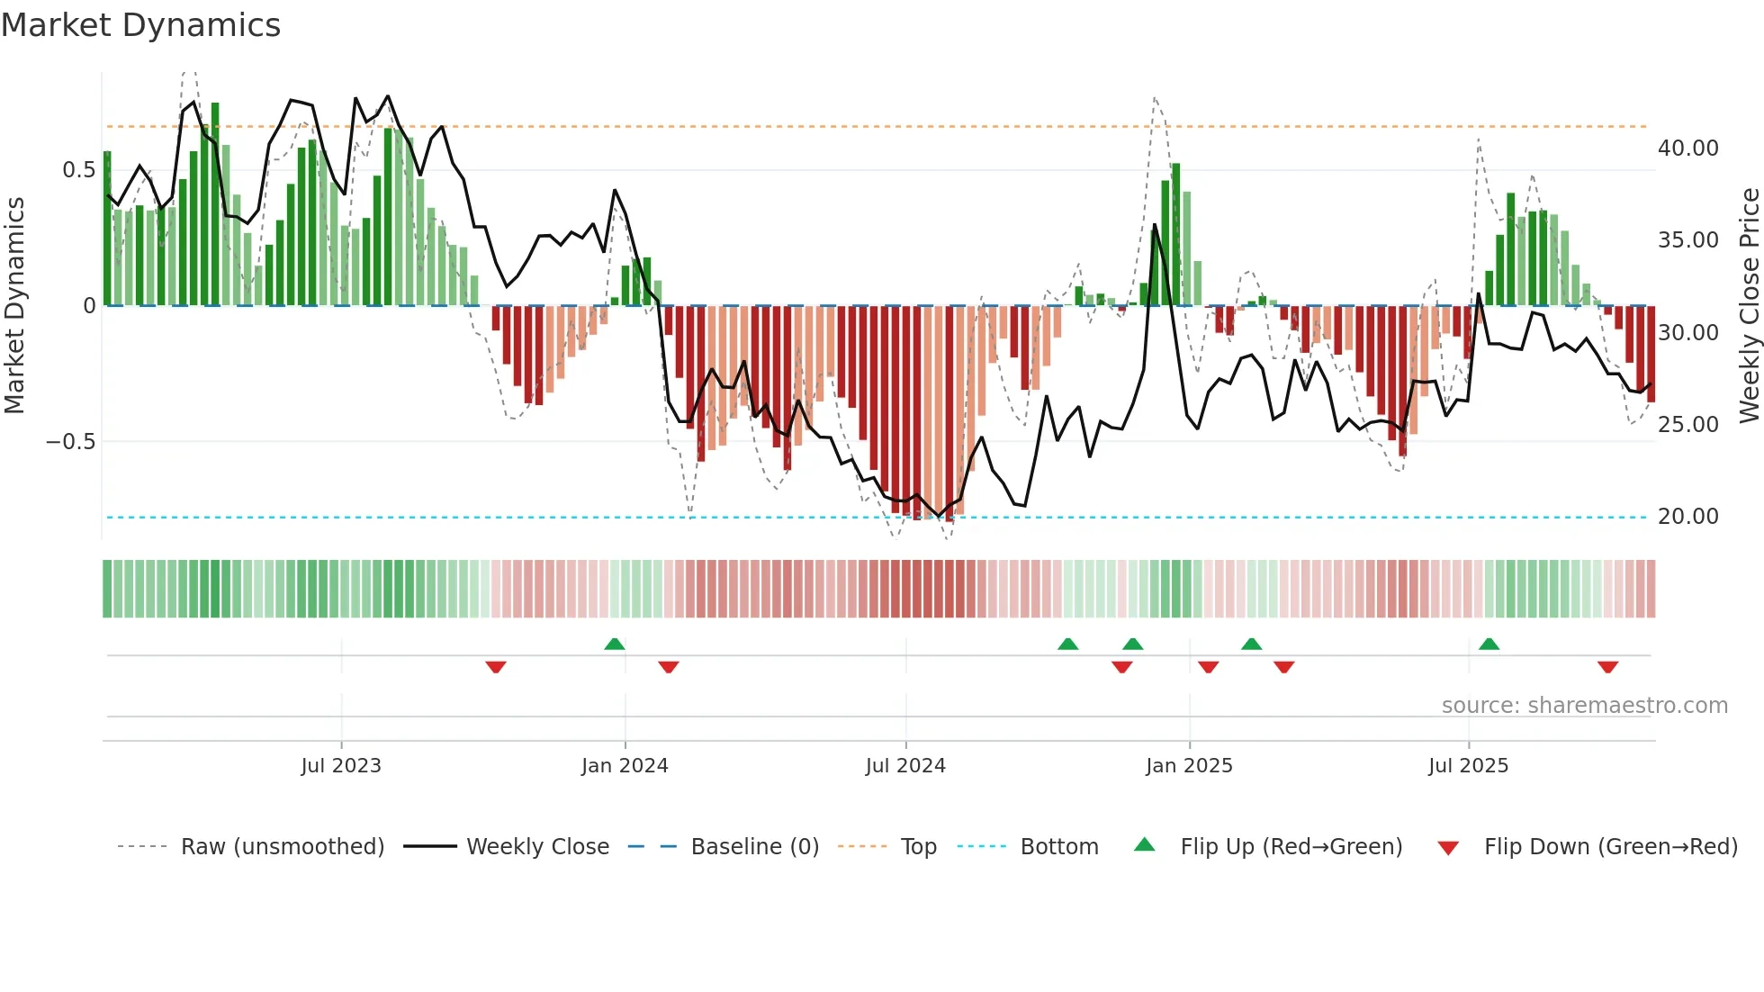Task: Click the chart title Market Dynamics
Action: coord(140,25)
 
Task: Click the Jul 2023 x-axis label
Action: coord(341,766)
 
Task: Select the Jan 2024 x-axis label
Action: coord(625,766)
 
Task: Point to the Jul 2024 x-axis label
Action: coord(905,766)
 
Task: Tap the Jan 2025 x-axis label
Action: coord(1189,766)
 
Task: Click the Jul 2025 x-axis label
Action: coord(1468,766)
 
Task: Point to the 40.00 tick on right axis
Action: coord(1687,149)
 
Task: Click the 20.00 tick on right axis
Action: coord(1687,517)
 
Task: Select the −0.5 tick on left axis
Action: coord(70,442)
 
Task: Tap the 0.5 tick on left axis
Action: coord(78,170)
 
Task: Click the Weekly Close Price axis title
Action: coord(1749,306)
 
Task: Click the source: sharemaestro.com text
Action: coord(1584,706)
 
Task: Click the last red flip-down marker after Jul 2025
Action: coord(1607,667)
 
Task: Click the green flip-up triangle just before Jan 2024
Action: coord(615,645)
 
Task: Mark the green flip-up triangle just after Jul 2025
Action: coord(1489,645)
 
